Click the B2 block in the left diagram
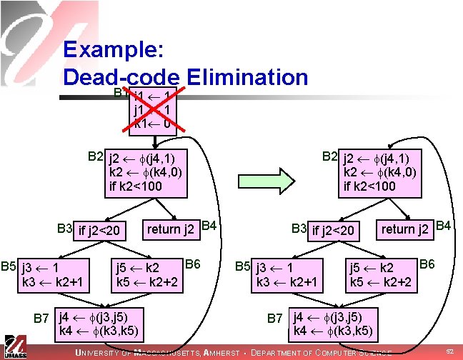tap(147, 172)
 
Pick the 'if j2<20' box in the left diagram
tap(101, 231)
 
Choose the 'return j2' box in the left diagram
tap(171, 229)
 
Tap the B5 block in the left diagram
tap(56, 276)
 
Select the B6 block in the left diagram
tap(148, 276)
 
